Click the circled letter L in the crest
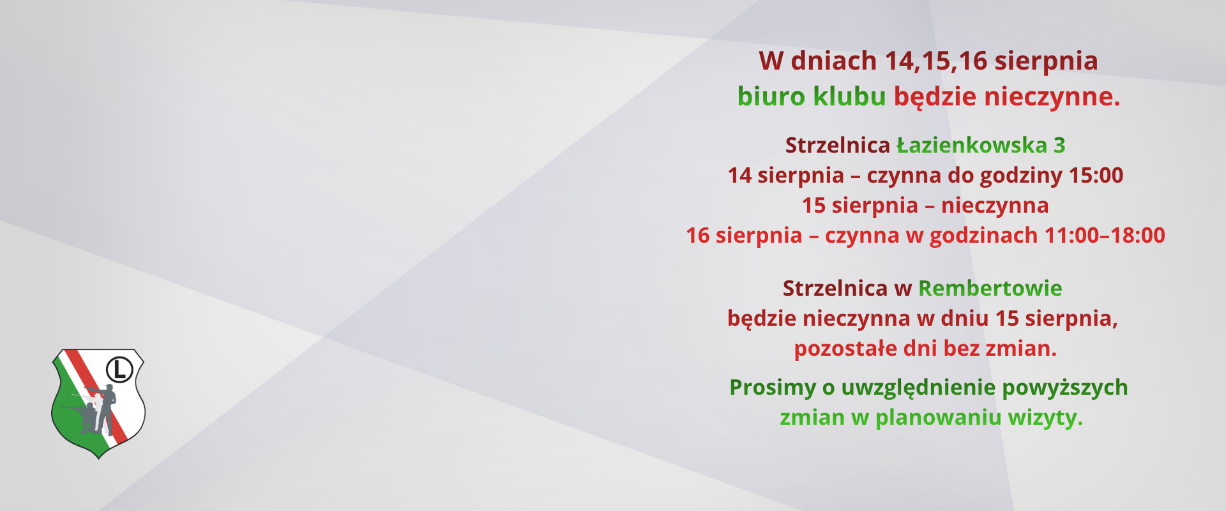119,369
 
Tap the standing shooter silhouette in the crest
105,409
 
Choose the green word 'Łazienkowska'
972,145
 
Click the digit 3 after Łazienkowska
1059,146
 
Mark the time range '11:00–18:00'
1105,236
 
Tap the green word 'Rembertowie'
990,288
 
